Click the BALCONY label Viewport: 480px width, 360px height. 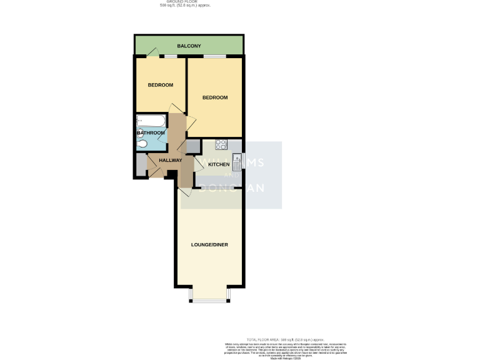point(188,46)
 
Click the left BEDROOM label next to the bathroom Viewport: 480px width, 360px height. point(160,85)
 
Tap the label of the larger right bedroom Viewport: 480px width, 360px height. point(214,97)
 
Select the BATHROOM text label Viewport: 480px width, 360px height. point(151,132)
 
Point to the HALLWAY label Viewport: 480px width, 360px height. point(170,160)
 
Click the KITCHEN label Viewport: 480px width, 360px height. point(218,164)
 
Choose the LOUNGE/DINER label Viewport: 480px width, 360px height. point(209,244)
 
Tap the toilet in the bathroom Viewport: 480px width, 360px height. point(142,144)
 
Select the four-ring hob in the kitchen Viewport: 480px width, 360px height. point(221,144)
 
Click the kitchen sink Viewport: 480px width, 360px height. point(237,162)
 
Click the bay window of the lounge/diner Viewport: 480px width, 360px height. point(210,300)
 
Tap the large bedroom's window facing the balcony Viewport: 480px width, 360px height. point(215,57)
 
